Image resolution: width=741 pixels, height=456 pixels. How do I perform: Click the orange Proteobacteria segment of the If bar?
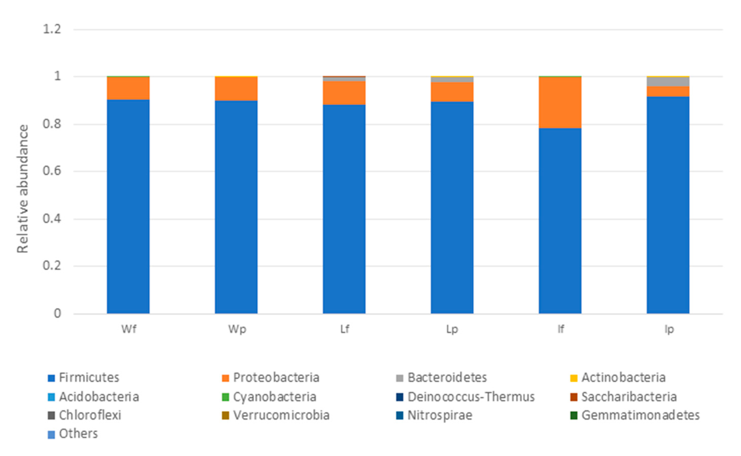tap(560, 103)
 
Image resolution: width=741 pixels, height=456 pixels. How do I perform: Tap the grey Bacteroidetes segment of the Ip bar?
tap(668, 82)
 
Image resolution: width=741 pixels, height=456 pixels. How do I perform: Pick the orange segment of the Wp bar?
tap(236, 89)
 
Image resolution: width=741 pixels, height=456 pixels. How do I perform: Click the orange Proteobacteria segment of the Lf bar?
tap(344, 93)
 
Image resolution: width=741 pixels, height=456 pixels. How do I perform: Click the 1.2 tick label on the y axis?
tap(52, 29)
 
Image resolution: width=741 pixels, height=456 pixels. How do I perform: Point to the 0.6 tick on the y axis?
tap(52, 171)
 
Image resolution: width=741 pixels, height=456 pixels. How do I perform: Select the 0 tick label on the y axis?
tap(57, 313)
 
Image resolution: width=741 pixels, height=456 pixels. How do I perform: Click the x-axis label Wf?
tap(128, 329)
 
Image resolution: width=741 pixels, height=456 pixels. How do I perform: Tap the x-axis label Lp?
tap(452, 329)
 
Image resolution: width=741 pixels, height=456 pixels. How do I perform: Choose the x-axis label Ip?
tap(669, 329)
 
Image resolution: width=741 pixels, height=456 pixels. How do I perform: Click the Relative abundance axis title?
tap(23, 189)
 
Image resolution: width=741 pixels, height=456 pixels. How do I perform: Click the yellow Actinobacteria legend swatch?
tap(574, 378)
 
